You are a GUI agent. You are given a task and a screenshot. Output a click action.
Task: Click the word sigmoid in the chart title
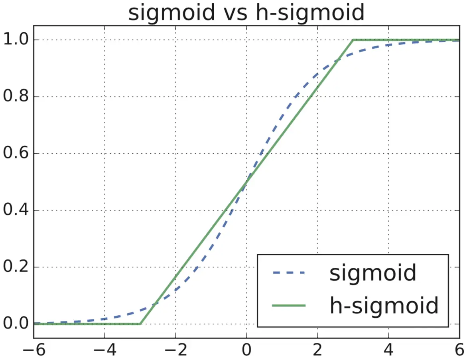coord(171,13)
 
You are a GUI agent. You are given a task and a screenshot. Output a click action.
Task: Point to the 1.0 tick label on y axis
coord(16,40)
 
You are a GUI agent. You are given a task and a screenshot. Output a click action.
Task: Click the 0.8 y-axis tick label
coord(16,97)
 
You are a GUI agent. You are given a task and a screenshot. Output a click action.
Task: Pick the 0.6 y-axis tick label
coord(16,154)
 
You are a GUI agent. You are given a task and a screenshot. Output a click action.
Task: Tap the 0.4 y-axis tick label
coord(16,210)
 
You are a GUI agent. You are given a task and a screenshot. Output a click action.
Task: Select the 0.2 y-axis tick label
coord(16,267)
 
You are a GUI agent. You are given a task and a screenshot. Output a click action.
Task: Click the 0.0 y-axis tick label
coord(16,324)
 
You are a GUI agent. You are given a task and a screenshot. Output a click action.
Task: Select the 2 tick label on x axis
coord(317,350)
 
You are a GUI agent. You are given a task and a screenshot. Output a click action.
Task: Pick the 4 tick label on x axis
coord(389,350)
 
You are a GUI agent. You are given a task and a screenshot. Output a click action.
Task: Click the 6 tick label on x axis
coord(459,350)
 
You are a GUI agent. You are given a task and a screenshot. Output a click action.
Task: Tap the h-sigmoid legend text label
coord(384,306)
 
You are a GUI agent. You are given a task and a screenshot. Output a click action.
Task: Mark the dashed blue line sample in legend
coord(288,273)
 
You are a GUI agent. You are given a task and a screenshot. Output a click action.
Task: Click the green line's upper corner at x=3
coord(353,40)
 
